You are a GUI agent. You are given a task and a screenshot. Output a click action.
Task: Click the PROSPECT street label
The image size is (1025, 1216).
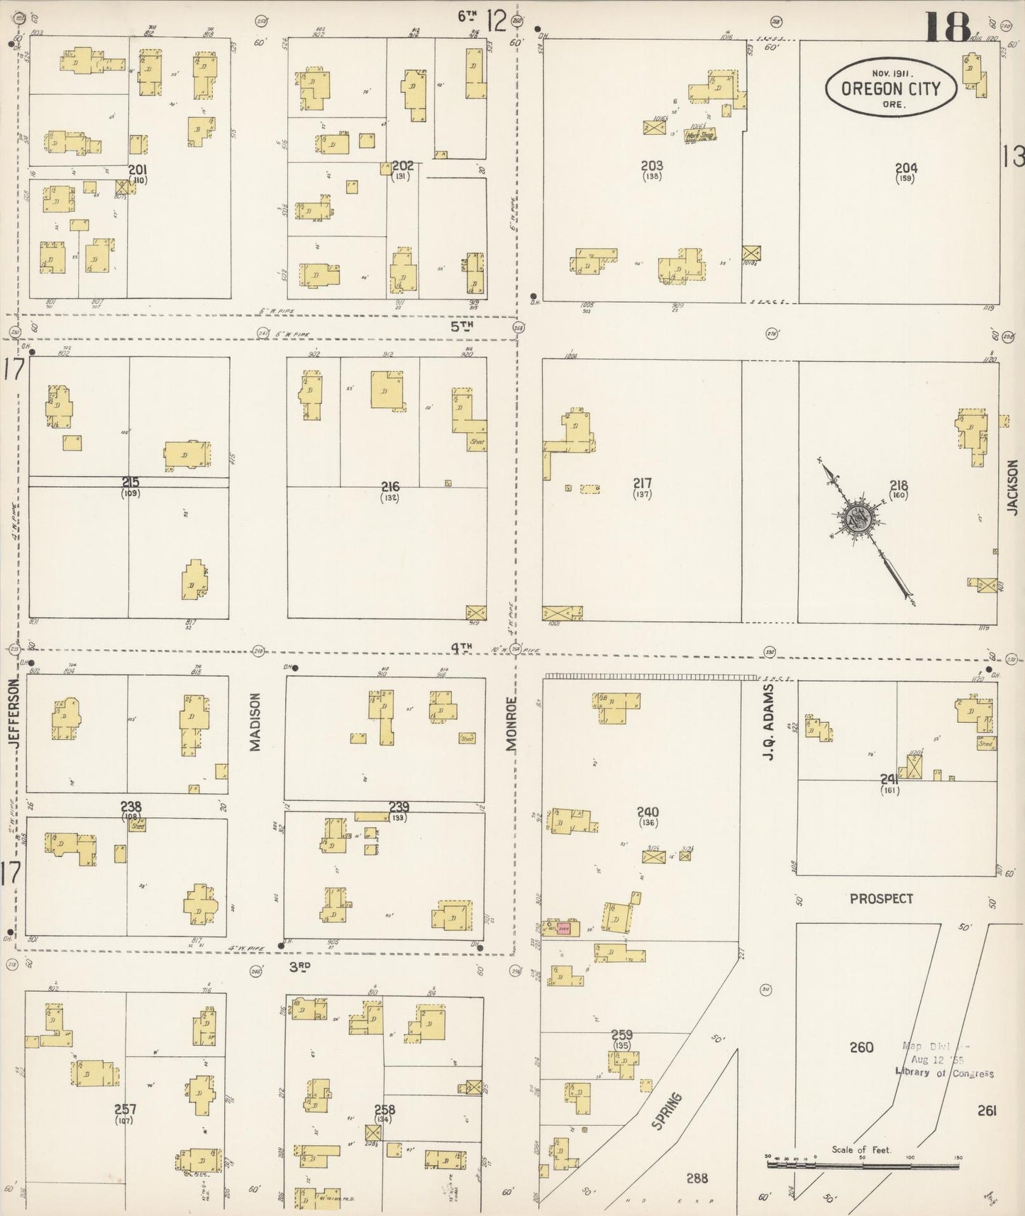pyautogui.click(x=881, y=898)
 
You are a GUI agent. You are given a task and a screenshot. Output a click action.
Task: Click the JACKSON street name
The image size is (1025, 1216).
pyautogui.click(x=1012, y=487)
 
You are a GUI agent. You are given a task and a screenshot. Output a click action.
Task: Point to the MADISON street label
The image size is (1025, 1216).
pyautogui.click(x=255, y=721)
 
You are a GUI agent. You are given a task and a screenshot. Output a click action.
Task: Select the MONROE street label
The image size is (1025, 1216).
pyautogui.click(x=511, y=724)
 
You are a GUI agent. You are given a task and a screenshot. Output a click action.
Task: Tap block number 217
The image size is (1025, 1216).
pyautogui.click(x=642, y=483)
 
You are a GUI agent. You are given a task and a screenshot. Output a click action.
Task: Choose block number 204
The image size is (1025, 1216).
pyautogui.click(x=906, y=168)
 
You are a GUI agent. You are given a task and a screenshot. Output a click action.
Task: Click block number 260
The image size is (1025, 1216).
pyautogui.click(x=861, y=1047)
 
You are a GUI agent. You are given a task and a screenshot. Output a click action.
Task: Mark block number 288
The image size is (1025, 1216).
pyautogui.click(x=697, y=1178)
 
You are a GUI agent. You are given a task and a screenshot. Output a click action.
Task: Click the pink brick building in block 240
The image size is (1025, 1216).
pyautogui.click(x=563, y=928)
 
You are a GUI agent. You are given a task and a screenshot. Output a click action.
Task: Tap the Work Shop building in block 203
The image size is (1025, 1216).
pyautogui.click(x=699, y=136)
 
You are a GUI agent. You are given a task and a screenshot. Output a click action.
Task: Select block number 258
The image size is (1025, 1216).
pyautogui.click(x=384, y=1110)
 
